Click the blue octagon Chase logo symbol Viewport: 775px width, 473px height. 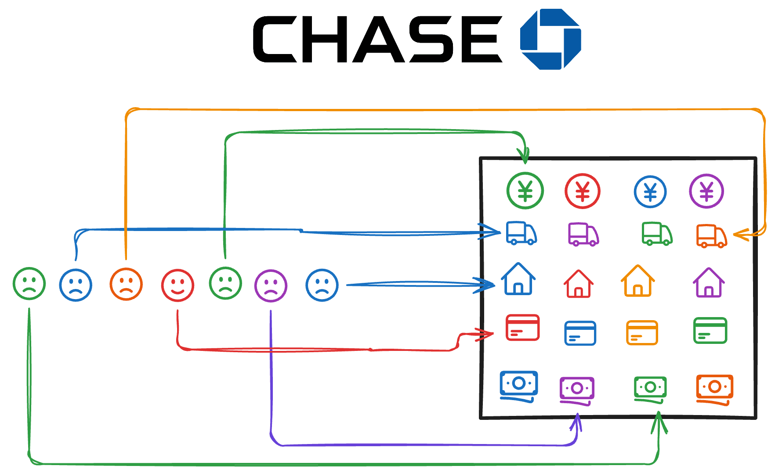550,39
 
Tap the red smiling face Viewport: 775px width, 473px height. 177,285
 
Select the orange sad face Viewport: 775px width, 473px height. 126,285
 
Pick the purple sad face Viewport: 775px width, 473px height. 271,286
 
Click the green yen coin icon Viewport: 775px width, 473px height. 525,191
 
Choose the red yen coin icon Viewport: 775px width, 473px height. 582,191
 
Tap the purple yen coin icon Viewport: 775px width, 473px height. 706,191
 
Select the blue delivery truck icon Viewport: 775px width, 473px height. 521,233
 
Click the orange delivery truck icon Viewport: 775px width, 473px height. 711,236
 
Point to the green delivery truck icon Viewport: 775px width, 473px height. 657,233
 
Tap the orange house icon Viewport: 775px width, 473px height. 637,281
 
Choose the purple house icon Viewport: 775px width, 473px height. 708,283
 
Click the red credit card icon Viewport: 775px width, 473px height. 522,328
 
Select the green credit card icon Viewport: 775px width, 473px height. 710,330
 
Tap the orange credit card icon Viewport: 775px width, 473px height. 641,333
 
